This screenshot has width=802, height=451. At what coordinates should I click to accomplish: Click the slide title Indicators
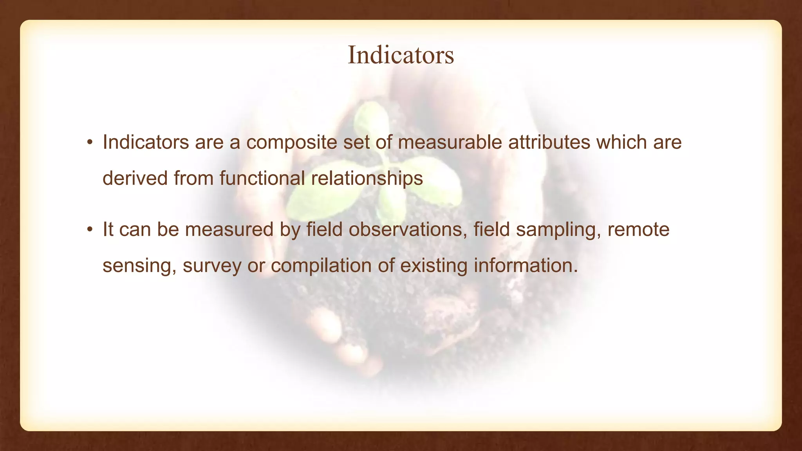tap(401, 55)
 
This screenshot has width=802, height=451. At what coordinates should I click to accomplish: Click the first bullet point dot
tap(90, 143)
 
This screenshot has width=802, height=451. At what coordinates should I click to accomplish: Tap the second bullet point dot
tap(90, 230)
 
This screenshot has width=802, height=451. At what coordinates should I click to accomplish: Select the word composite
tap(291, 143)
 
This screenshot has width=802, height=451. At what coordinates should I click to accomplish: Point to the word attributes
tap(549, 142)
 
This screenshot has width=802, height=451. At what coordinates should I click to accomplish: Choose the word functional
tap(262, 178)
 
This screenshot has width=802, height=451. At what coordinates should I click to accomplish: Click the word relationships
tap(367, 179)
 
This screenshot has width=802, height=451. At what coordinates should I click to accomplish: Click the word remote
tap(638, 229)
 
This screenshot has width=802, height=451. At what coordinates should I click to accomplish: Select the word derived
tap(135, 178)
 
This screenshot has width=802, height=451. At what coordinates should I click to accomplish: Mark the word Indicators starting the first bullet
tap(146, 142)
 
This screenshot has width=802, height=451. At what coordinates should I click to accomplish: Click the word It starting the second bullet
tap(108, 229)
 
